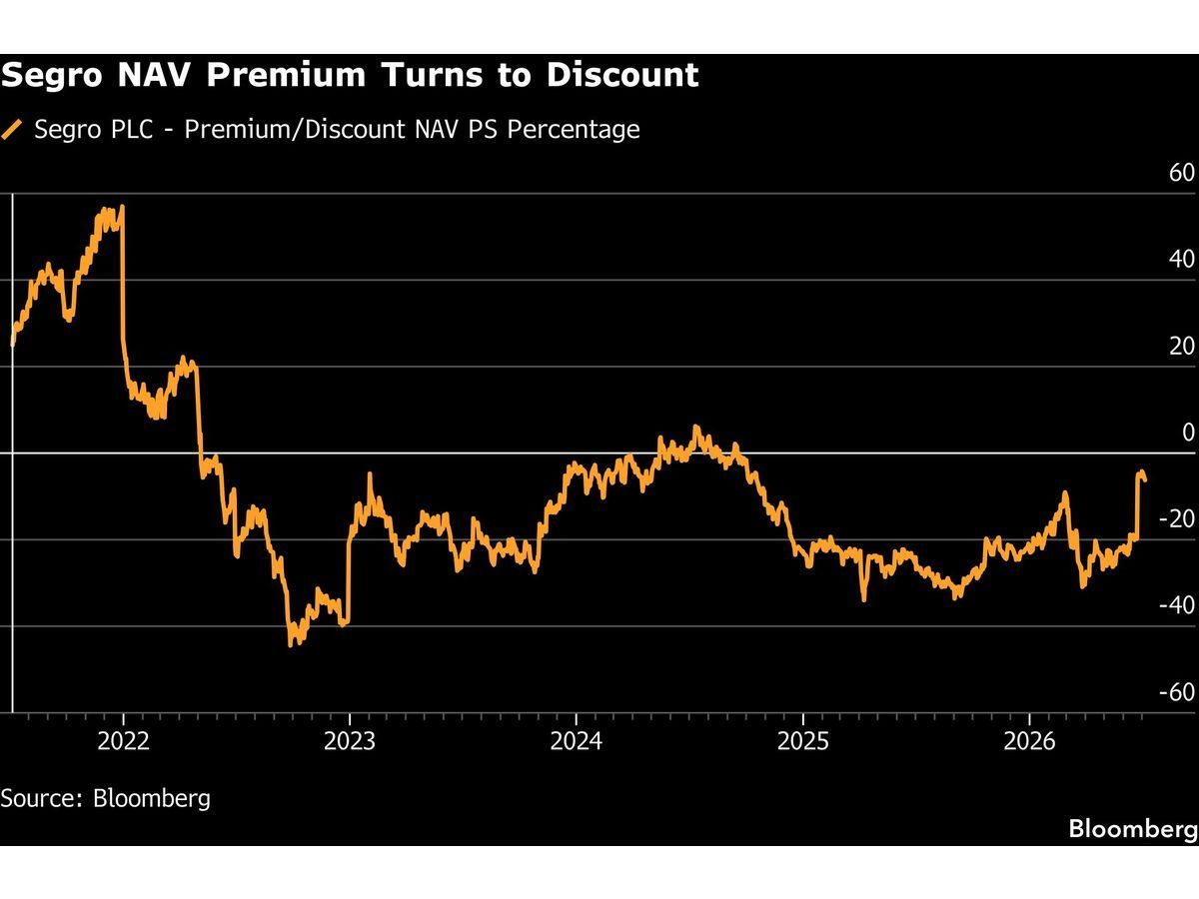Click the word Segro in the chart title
(51, 75)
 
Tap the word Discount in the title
(622, 74)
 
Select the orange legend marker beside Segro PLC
(11, 130)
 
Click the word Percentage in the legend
(573, 130)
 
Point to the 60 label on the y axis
(1182, 173)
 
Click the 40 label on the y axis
(1182, 260)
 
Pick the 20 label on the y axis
(1182, 346)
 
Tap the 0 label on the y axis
(1188, 433)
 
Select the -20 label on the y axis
(1177, 519)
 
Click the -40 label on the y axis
(1177, 605)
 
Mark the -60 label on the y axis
(1177, 692)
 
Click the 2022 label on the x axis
(123, 741)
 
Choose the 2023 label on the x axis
(350, 741)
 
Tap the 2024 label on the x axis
(577, 741)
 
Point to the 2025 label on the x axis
(803, 741)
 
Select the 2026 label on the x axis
(1029, 741)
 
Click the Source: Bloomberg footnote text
(106, 798)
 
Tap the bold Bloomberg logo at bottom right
(1133, 828)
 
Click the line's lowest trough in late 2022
(291, 645)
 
